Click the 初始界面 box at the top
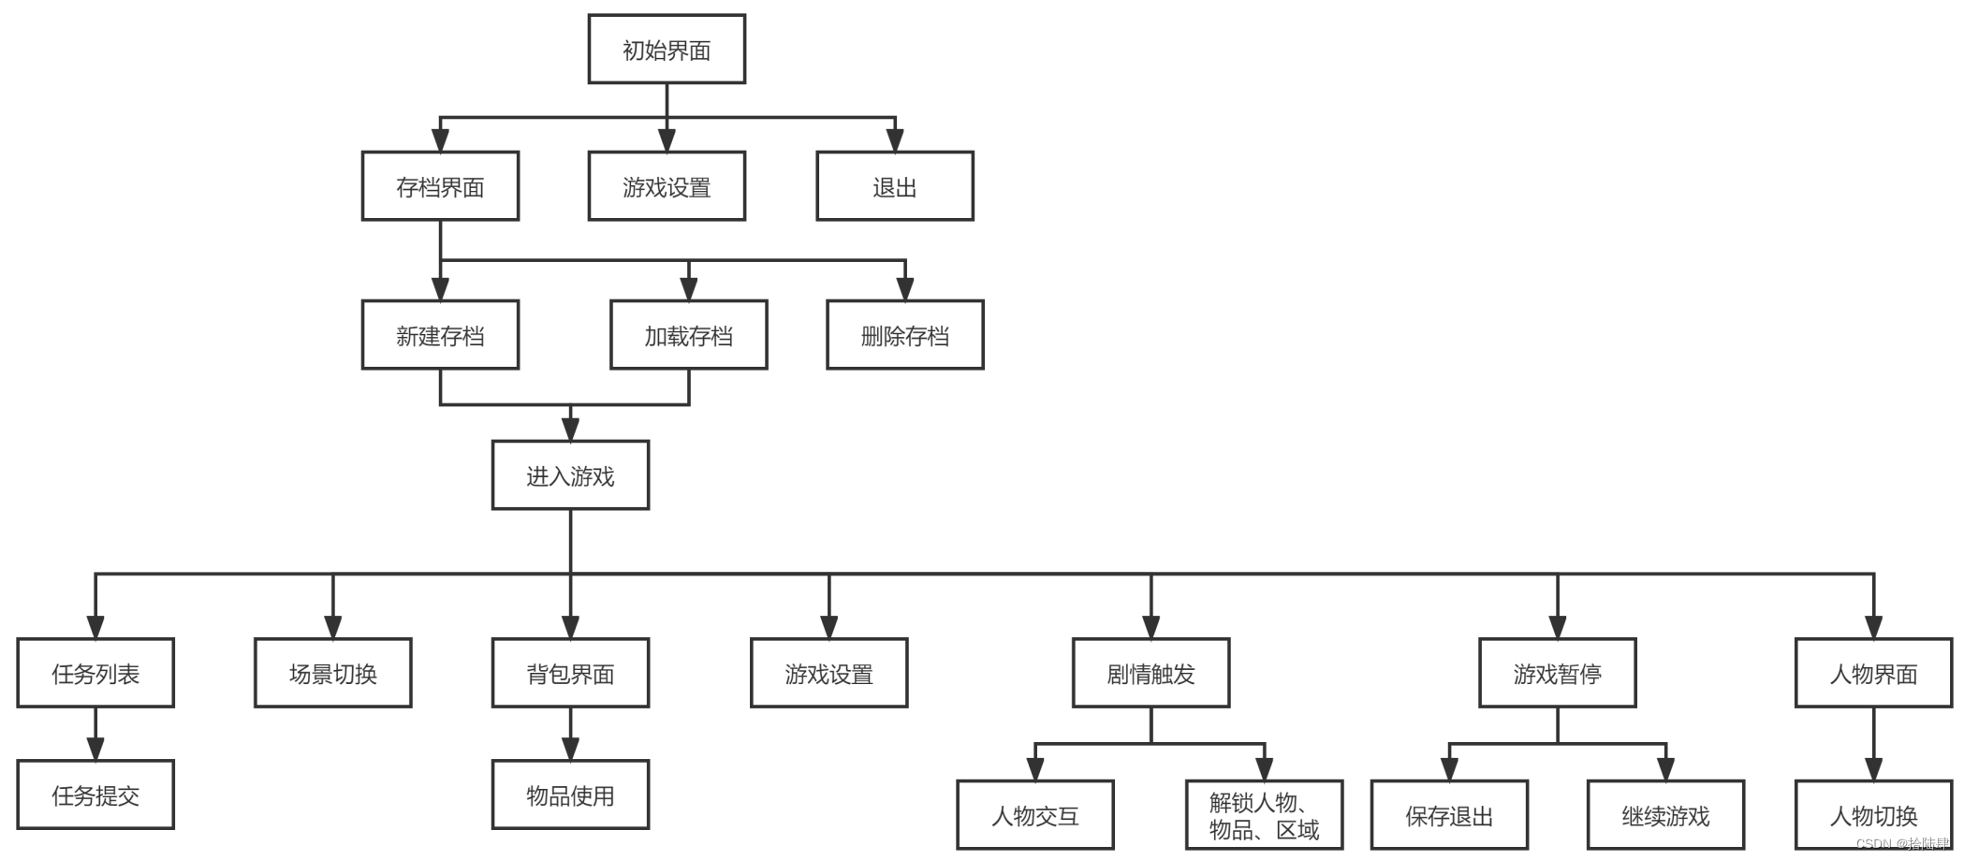(x=667, y=50)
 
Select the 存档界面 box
(x=440, y=186)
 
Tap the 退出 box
(x=894, y=186)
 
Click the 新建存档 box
(x=440, y=335)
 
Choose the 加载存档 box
(x=688, y=335)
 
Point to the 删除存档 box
(x=904, y=335)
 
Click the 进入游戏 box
(x=570, y=475)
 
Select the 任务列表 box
(x=95, y=673)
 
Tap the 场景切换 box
(x=332, y=673)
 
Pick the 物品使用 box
(x=570, y=794)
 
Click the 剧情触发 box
(x=1151, y=673)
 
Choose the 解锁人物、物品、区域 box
(x=1264, y=815)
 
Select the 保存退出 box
(x=1449, y=815)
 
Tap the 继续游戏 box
(x=1665, y=815)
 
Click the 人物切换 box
(x=1873, y=815)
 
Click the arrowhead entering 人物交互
(x=1035, y=768)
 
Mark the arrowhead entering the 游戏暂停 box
(x=1558, y=627)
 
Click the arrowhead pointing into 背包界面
(x=570, y=627)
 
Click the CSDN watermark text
(x=1901, y=843)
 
